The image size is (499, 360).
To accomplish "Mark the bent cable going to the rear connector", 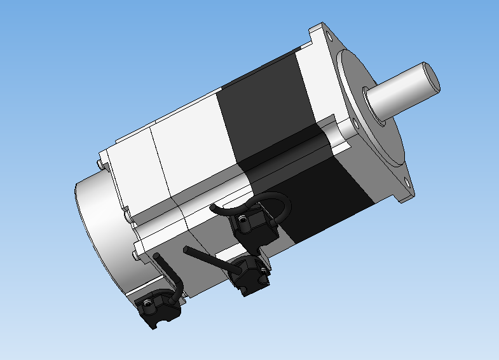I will click(x=170, y=273).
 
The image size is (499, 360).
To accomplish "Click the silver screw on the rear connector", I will click(x=147, y=304).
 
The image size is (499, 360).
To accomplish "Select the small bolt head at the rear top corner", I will click(x=102, y=164).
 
